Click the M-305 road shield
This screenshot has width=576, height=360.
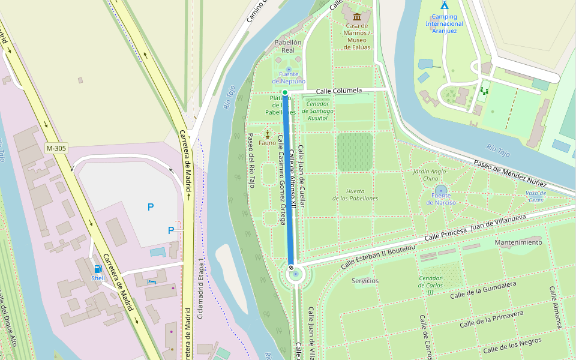tap(56, 148)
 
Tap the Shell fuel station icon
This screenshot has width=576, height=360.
tap(97, 269)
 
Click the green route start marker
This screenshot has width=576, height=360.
tap(285, 92)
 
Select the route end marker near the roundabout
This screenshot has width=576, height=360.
tap(291, 268)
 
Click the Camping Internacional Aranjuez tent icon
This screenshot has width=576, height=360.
tap(444, 5)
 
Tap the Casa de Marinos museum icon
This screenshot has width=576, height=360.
tap(357, 16)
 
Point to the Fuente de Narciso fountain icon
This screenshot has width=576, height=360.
tap(441, 190)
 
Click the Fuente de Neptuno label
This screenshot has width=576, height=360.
tap(289, 81)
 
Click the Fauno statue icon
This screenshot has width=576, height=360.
tap(267, 134)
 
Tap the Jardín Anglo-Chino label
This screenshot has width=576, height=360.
tap(430, 175)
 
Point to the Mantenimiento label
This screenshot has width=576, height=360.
tap(518, 242)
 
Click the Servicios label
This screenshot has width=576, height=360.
tap(365, 280)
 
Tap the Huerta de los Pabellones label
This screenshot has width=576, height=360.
tap(355, 195)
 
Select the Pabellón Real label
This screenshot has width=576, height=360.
tap(287, 46)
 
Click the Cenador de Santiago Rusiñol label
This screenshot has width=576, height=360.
tap(318, 110)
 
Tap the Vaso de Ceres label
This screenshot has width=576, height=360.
tap(535, 196)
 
